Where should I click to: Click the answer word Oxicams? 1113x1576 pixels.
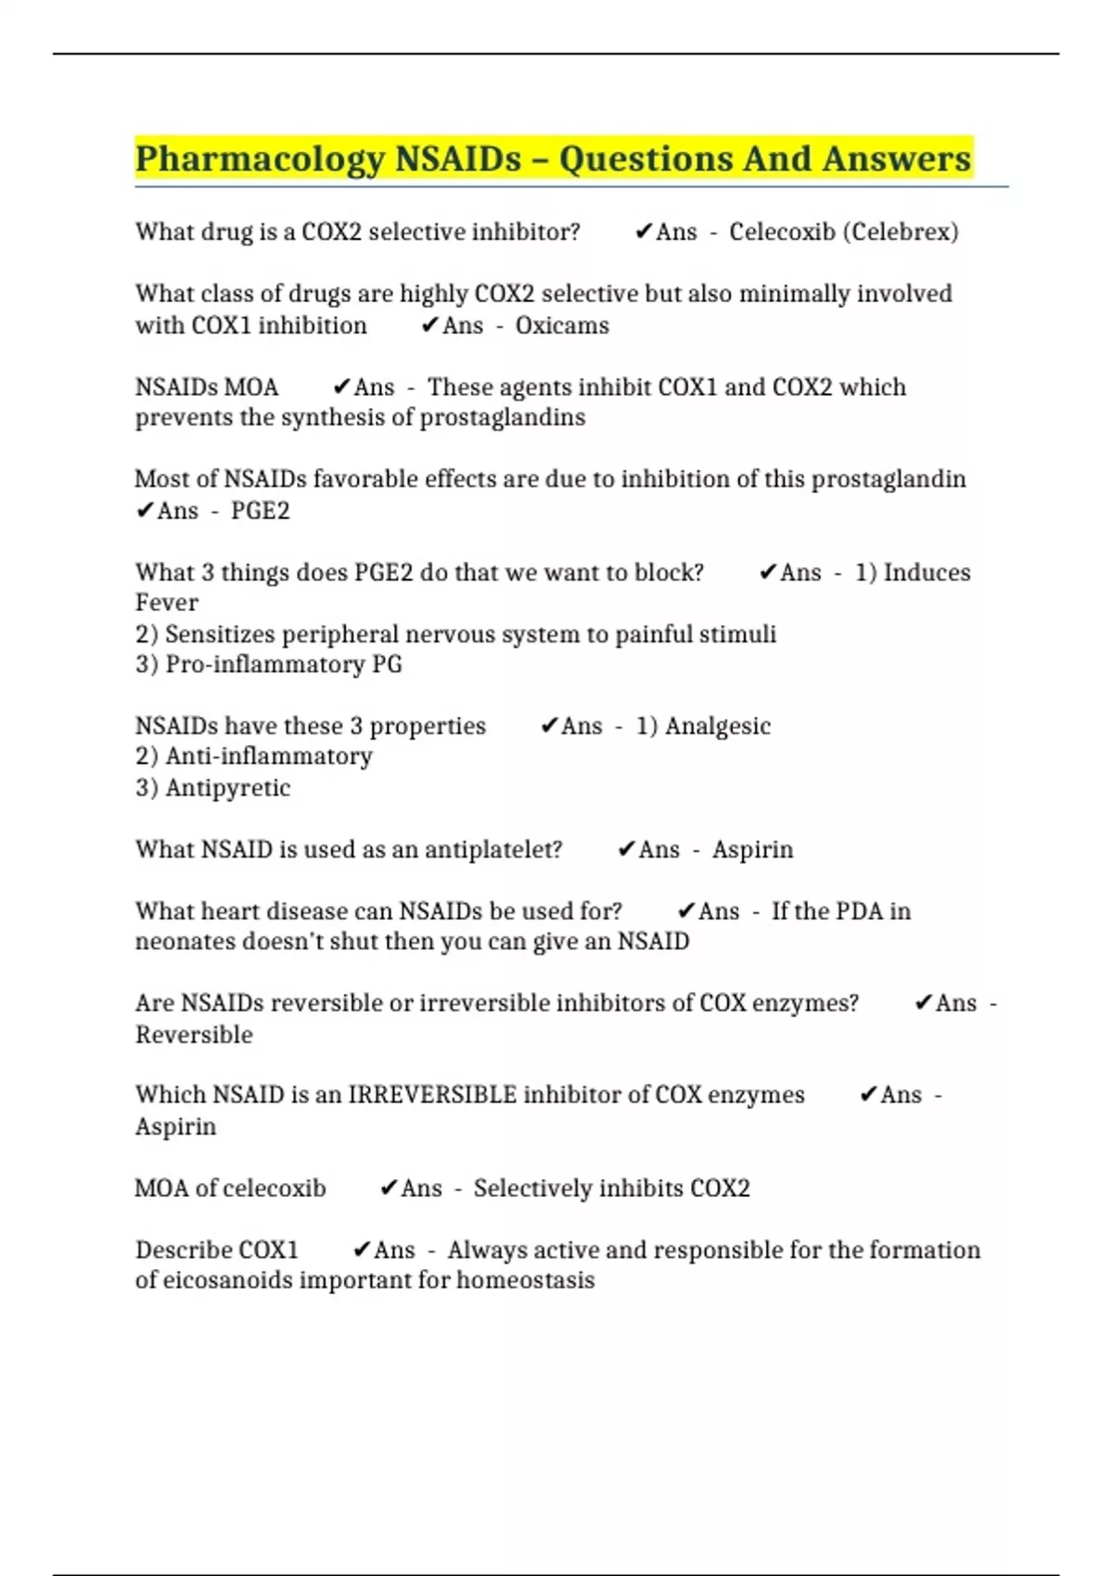(x=562, y=325)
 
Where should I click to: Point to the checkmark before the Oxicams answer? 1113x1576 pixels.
(x=429, y=325)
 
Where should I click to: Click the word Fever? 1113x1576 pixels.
(x=167, y=603)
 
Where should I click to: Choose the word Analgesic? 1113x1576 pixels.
(x=717, y=726)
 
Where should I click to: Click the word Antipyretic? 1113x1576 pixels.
(x=227, y=788)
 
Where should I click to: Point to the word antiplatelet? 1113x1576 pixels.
(x=493, y=850)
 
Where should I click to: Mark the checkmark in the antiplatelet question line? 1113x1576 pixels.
(x=626, y=850)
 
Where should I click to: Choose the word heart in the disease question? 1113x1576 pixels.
(x=241, y=911)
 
